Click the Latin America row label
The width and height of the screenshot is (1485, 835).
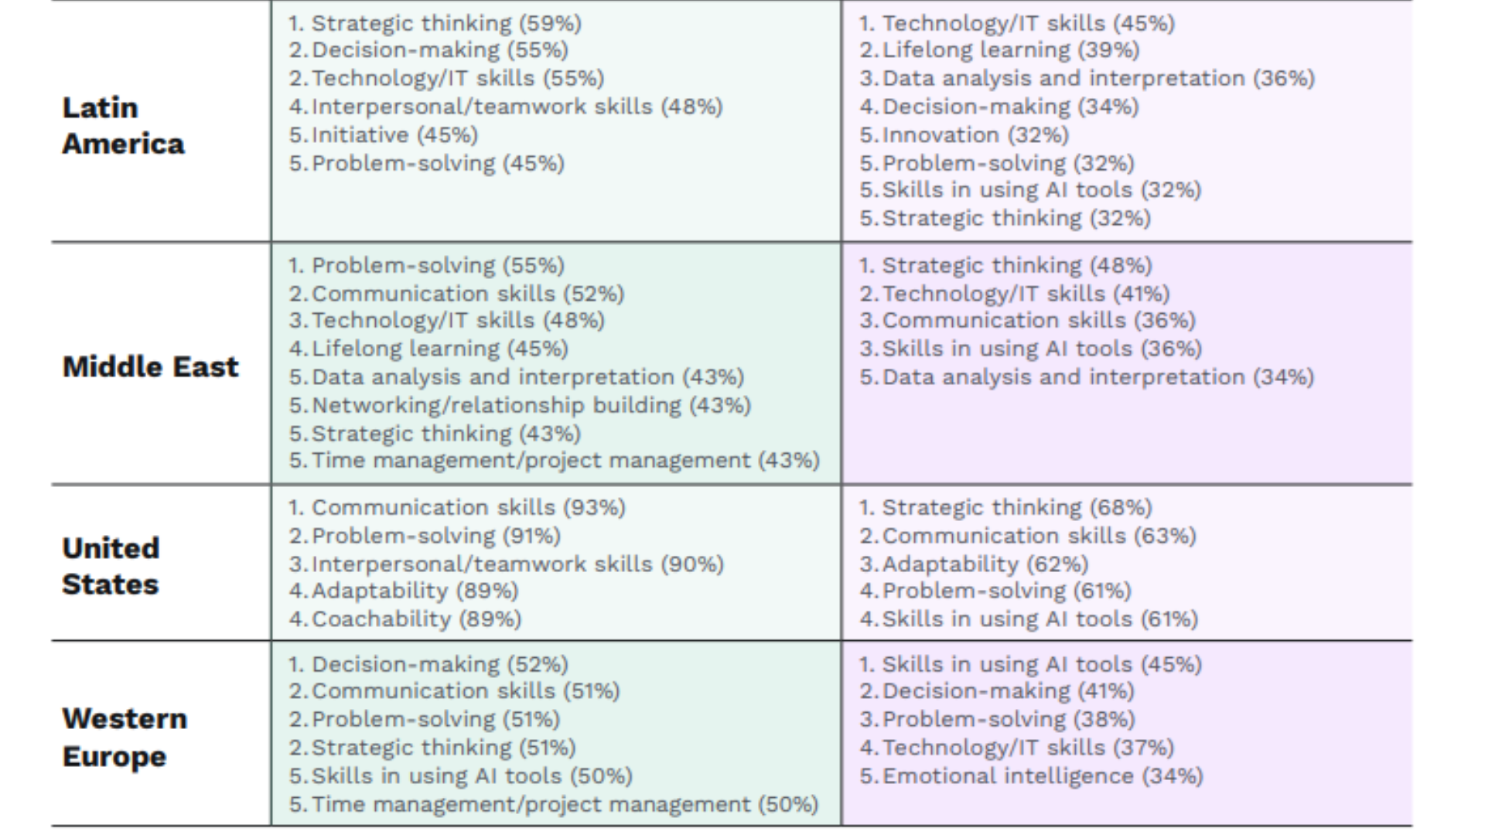pos(124,125)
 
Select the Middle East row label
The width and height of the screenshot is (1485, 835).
pos(151,366)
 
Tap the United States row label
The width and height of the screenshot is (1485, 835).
pos(111,566)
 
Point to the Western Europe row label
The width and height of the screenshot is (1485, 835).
pos(125,737)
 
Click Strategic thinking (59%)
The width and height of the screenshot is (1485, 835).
pos(446,23)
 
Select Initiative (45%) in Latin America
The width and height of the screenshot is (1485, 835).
pos(394,135)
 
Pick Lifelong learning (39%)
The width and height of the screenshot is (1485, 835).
pos(1011,50)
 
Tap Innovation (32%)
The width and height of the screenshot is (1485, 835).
pos(975,135)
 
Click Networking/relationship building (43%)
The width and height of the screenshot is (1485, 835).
pos(531,405)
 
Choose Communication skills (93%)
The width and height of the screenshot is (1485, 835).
pos(469,508)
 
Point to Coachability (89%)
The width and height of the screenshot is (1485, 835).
pos(416,619)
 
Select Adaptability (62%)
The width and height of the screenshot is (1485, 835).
pos(985,564)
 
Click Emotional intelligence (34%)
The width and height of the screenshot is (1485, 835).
pos(1043,776)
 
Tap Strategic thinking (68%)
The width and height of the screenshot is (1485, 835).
pos(1017,508)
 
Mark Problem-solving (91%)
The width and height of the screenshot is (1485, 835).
pos(436,537)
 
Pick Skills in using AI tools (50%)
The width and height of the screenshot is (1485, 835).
pos(472,776)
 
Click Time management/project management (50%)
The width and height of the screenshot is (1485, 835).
pos(565,805)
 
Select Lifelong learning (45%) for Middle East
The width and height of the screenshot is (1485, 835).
pos(440,349)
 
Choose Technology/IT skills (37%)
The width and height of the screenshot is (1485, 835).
pos(1028,748)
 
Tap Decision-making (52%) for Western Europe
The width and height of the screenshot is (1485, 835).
pos(440,665)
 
